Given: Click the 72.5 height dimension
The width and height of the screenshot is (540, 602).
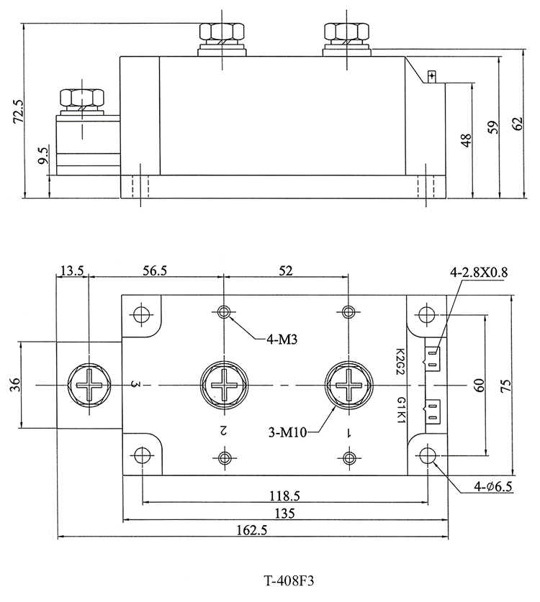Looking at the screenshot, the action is point(19,111).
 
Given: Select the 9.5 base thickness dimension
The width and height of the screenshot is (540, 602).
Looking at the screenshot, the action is point(43,155).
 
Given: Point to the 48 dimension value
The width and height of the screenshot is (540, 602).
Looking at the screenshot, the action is point(467,140).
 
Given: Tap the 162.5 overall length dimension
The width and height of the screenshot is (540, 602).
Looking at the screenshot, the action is point(252,530).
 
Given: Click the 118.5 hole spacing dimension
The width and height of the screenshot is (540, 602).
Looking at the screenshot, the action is point(284,496).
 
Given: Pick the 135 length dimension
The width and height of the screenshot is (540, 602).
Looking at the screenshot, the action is point(285,513).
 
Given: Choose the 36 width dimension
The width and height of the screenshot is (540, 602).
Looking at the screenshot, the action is point(14,385).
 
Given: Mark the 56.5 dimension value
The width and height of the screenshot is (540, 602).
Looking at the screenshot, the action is point(155,270).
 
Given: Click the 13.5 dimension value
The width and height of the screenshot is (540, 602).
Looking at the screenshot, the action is point(72,270).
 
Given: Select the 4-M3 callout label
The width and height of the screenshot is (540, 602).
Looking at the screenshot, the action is point(282,339).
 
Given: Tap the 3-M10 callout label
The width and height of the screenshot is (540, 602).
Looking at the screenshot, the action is point(287,433).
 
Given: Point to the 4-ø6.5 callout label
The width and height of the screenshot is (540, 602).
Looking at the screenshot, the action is point(492,487).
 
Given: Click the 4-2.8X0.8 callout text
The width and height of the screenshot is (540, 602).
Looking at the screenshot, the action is point(479,272).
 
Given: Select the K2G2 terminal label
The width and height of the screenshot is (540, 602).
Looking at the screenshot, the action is point(400,362).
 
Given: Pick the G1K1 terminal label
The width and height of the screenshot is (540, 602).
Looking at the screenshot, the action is point(400,410).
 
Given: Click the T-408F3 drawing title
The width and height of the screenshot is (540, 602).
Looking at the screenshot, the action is point(289,580).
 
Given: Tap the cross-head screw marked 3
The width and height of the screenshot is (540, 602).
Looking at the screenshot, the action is point(89,385).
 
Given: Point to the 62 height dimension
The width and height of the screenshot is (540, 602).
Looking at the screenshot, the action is point(518,124).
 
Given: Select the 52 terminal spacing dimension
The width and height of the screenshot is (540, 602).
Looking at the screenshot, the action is point(286,270).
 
